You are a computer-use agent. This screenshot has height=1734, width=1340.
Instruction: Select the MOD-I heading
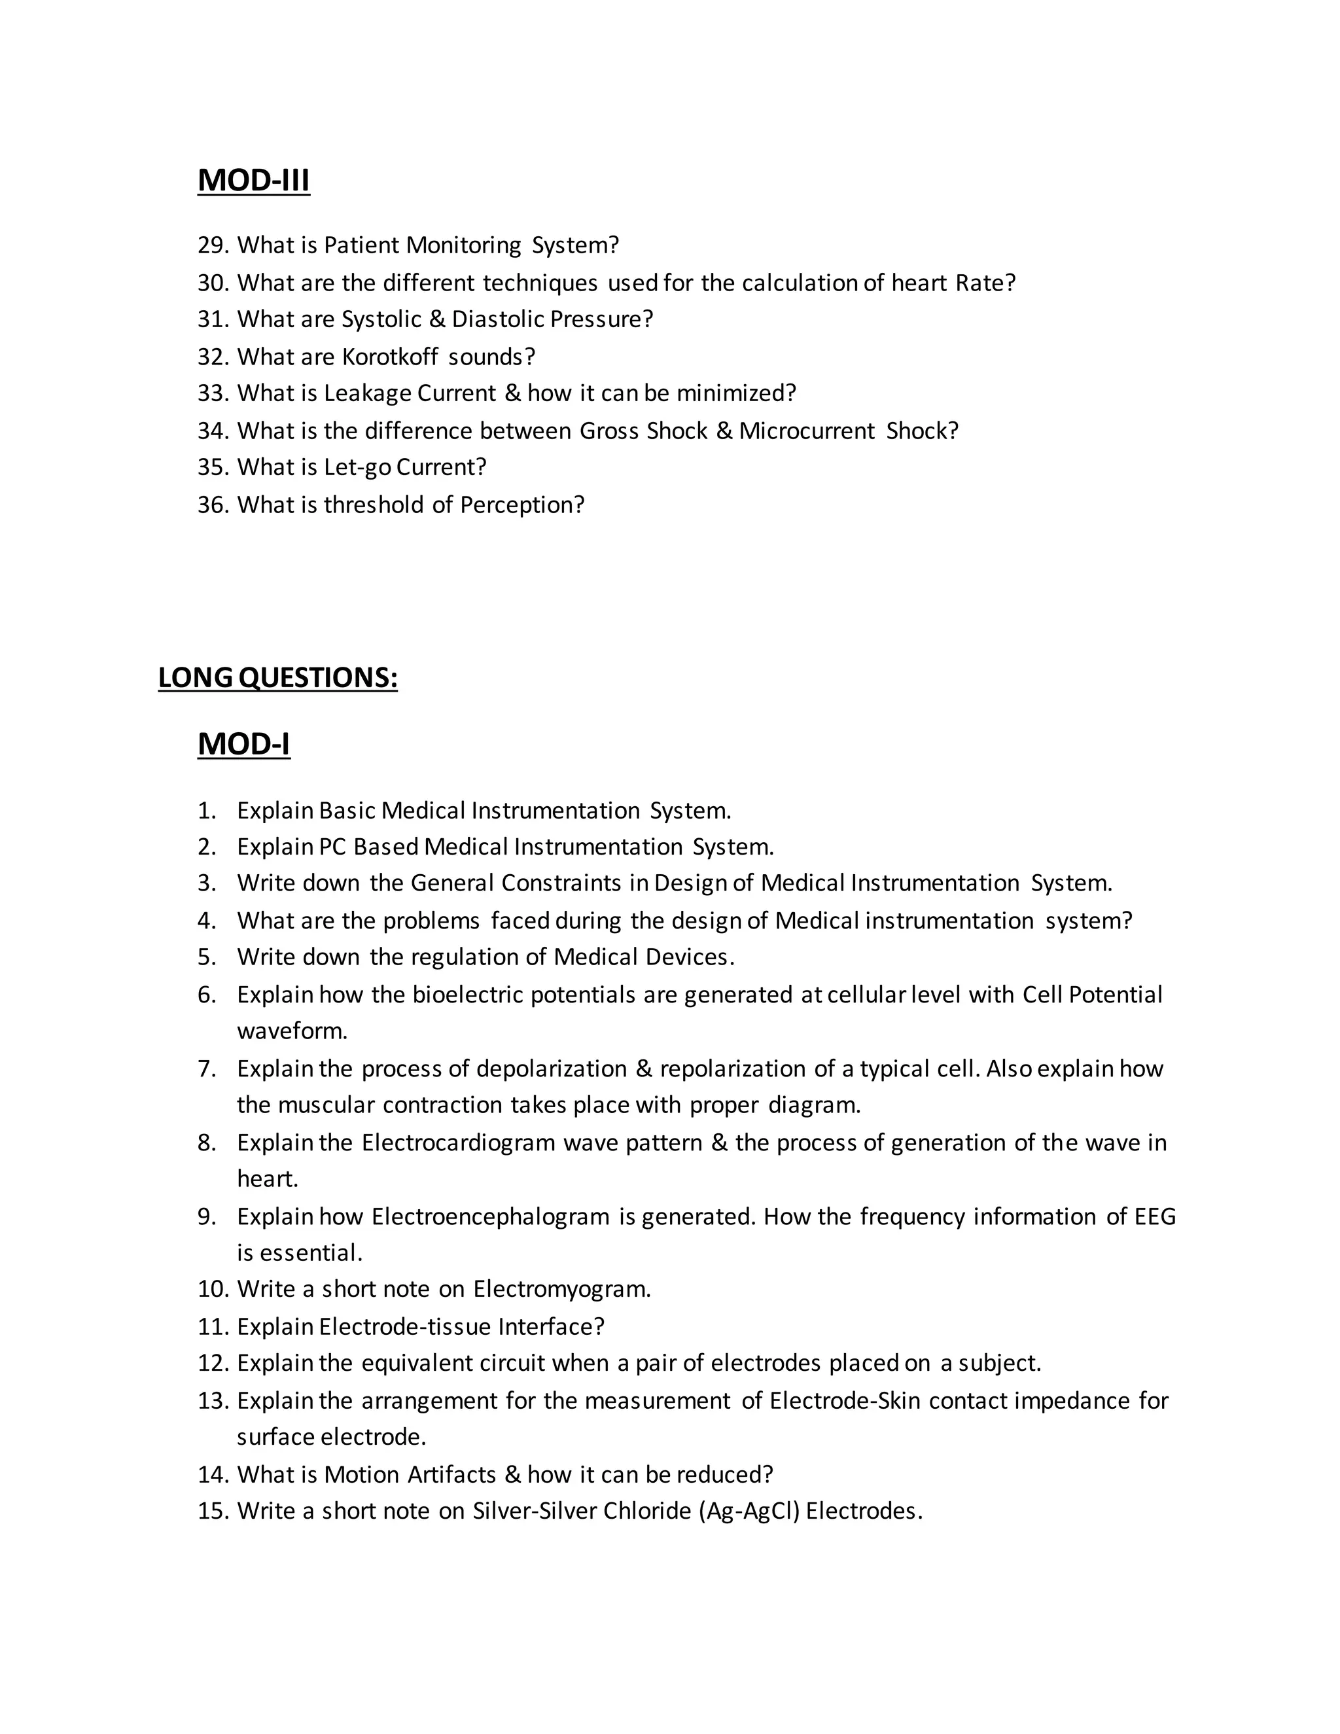243,744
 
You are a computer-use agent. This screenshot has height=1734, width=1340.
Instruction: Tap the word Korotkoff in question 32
390,357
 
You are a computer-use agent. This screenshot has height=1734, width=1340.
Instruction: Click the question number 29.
213,245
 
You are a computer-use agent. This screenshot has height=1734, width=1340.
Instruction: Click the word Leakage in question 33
367,393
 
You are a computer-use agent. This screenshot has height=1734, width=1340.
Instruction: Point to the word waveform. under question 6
292,1031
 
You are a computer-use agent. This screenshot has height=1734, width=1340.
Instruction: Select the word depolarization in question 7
551,1069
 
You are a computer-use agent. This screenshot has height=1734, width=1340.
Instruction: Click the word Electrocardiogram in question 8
458,1142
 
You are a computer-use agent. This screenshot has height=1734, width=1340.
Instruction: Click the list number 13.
213,1400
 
